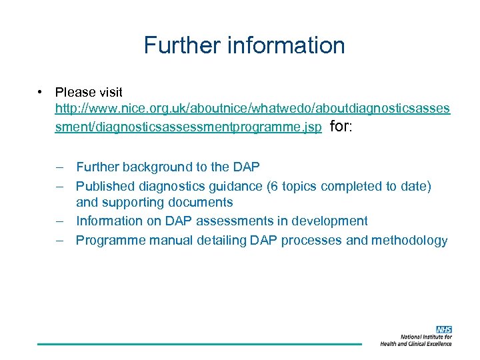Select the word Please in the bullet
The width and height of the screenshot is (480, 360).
click(75, 92)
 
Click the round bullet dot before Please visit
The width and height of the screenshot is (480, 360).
click(41, 91)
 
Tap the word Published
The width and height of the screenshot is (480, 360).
click(104, 186)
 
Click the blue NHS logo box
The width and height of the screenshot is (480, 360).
click(444, 329)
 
